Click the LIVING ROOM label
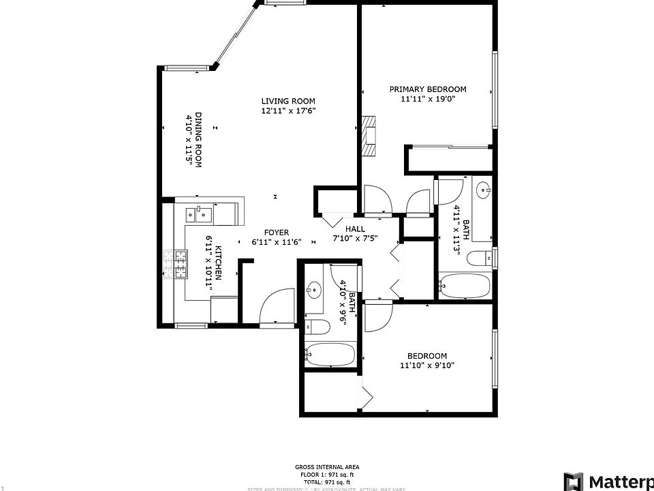[x=288, y=100]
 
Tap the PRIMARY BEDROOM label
[x=427, y=89]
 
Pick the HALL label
[x=355, y=229]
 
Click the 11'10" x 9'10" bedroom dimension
[x=426, y=366]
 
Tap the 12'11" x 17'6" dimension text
[x=288, y=110]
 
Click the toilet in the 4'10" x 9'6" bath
[x=317, y=327]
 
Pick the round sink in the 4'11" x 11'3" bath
[x=484, y=189]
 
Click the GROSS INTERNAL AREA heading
[x=322, y=467]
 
